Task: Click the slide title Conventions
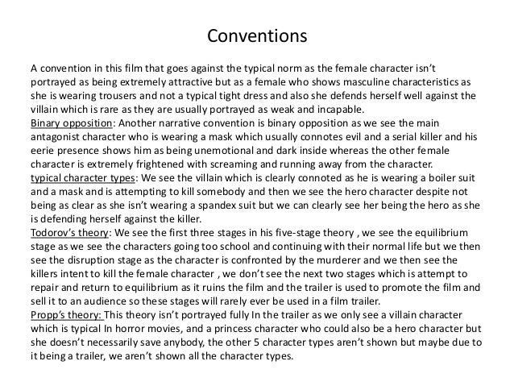[256, 37]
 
